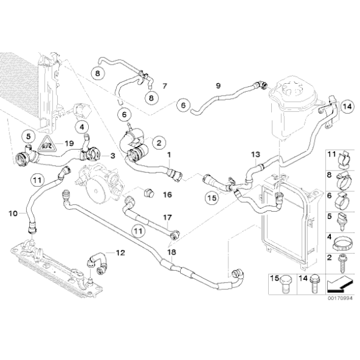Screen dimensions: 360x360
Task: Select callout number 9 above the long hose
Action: tap(217, 85)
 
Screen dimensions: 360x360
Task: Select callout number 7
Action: tap(164, 85)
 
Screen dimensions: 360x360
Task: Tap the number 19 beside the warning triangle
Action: tap(70, 144)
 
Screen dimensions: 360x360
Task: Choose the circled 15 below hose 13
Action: tap(213, 198)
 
